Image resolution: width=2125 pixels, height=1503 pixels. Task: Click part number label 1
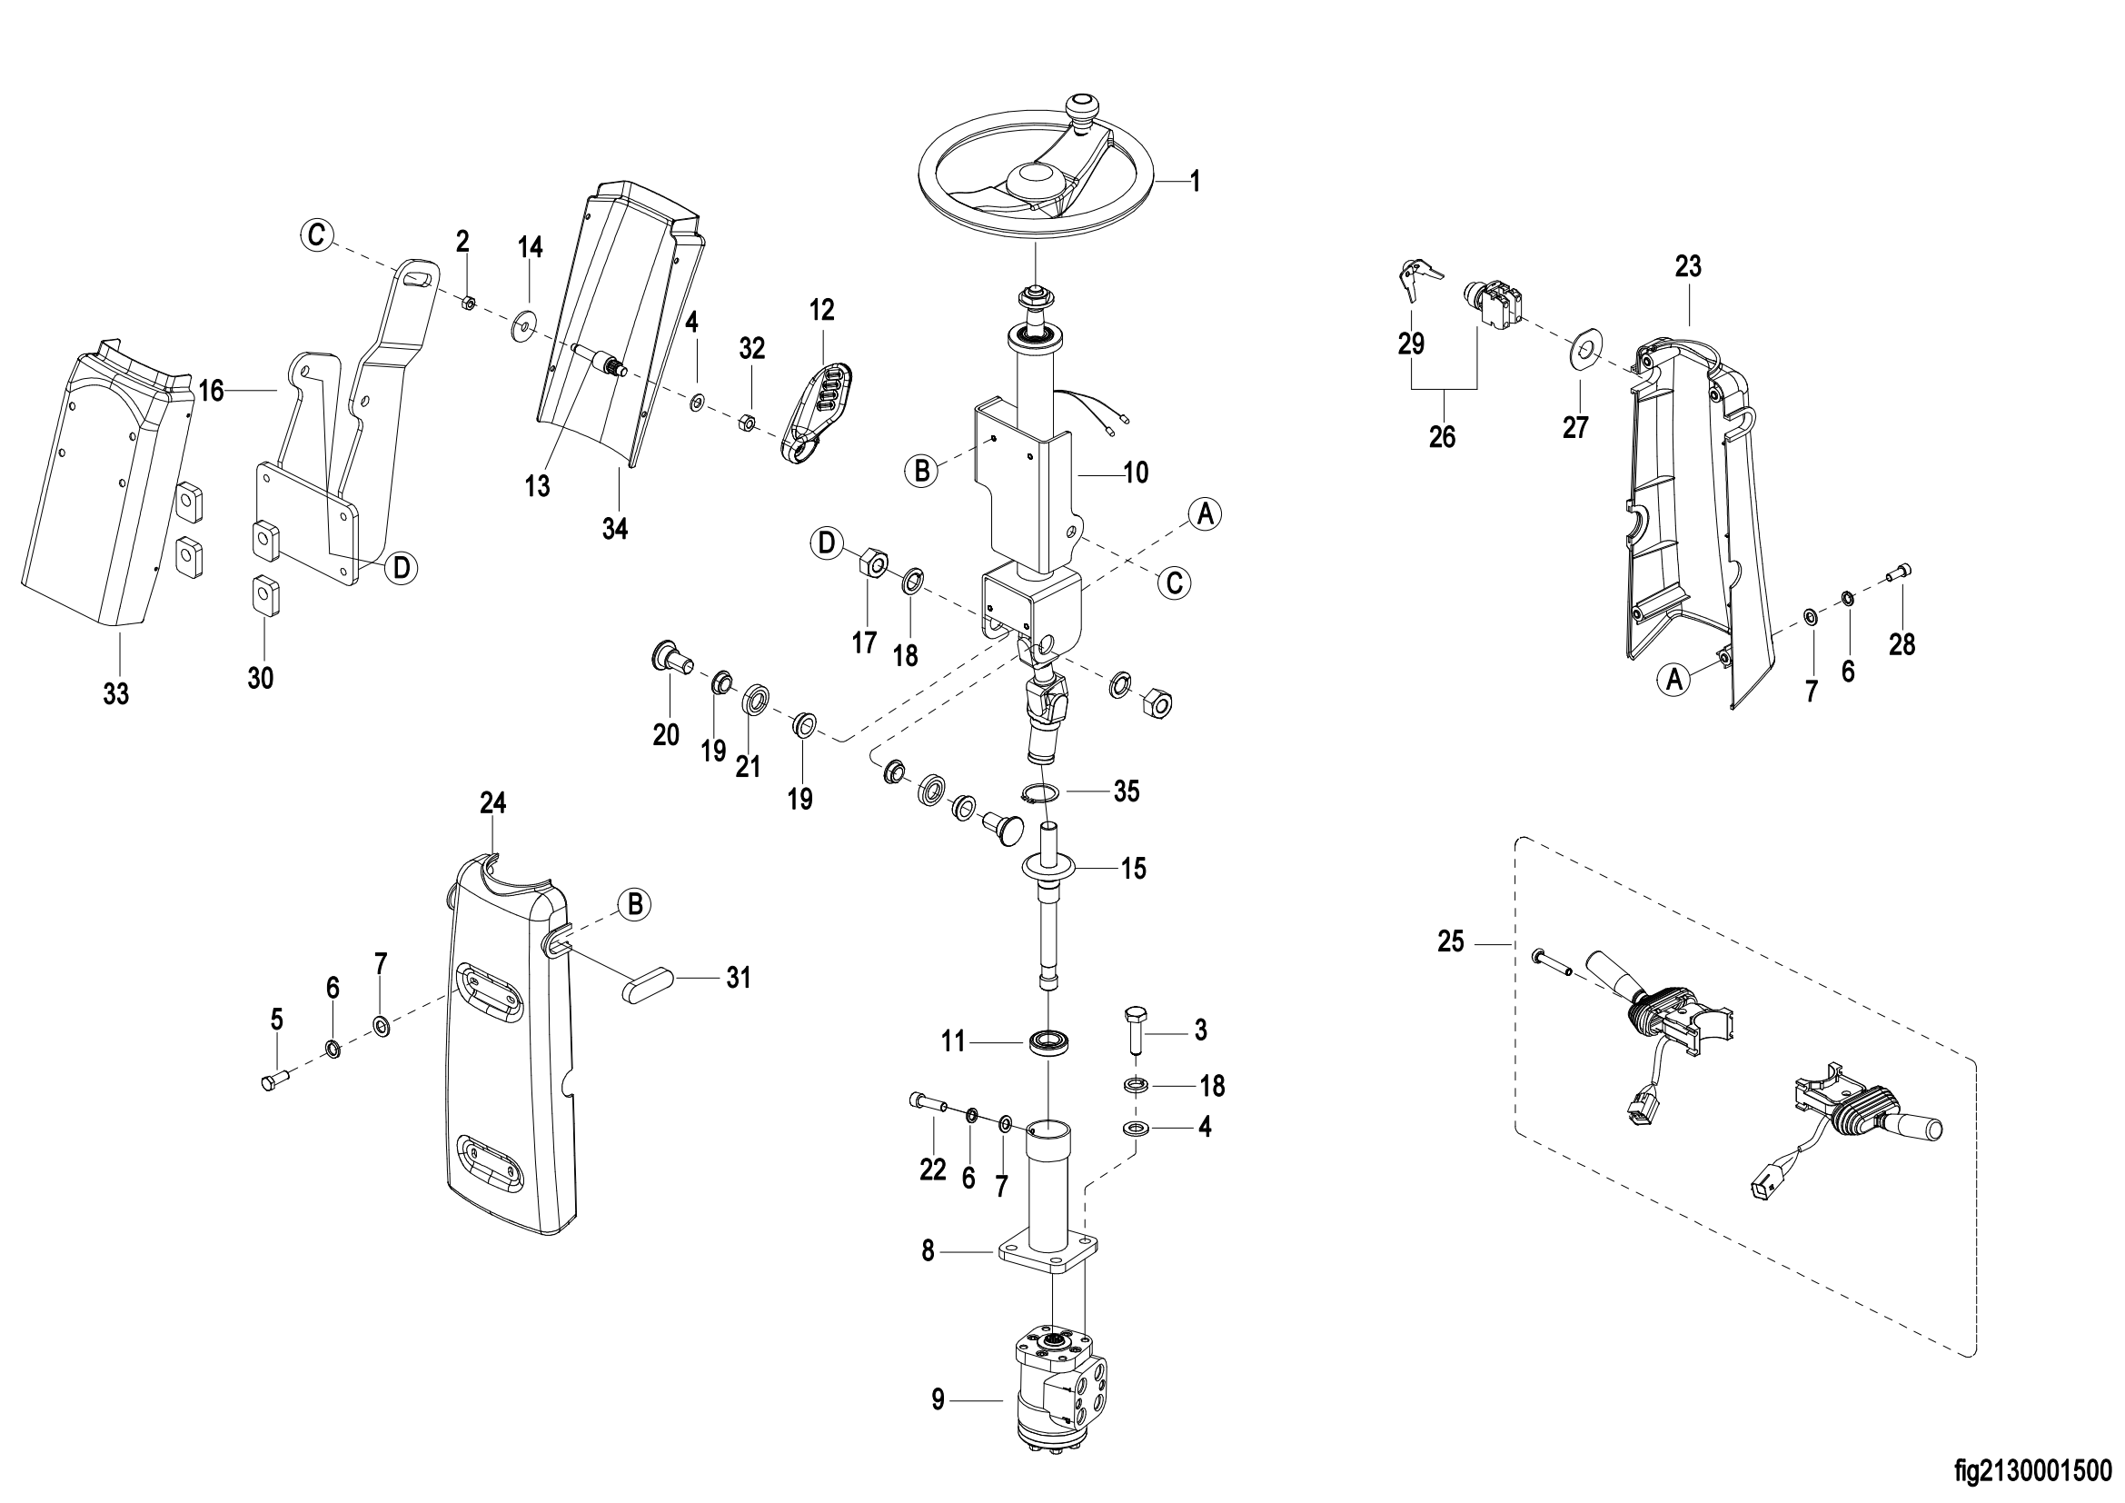pyautogui.click(x=1195, y=182)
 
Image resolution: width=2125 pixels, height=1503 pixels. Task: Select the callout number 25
pyautogui.click(x=1451, y=942)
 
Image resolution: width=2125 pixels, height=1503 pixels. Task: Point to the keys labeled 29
pyautogui.click(x=1417, y=280)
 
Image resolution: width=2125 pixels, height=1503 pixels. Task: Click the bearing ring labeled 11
pyautogui.click(x=1047, y=1039)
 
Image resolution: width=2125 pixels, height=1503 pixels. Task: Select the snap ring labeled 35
pyautogui.click(x=1042, y=792)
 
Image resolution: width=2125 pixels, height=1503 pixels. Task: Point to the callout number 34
pyautogui.click(x=614, y=530)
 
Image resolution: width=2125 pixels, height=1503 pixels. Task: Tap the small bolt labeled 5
pyautogui.click(x=275, y=1080)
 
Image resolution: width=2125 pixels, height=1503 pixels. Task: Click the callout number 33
pyautogui.click(x=115, y=693)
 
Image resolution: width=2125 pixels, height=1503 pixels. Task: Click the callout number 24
pyautogui.click(x=493, y=803)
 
